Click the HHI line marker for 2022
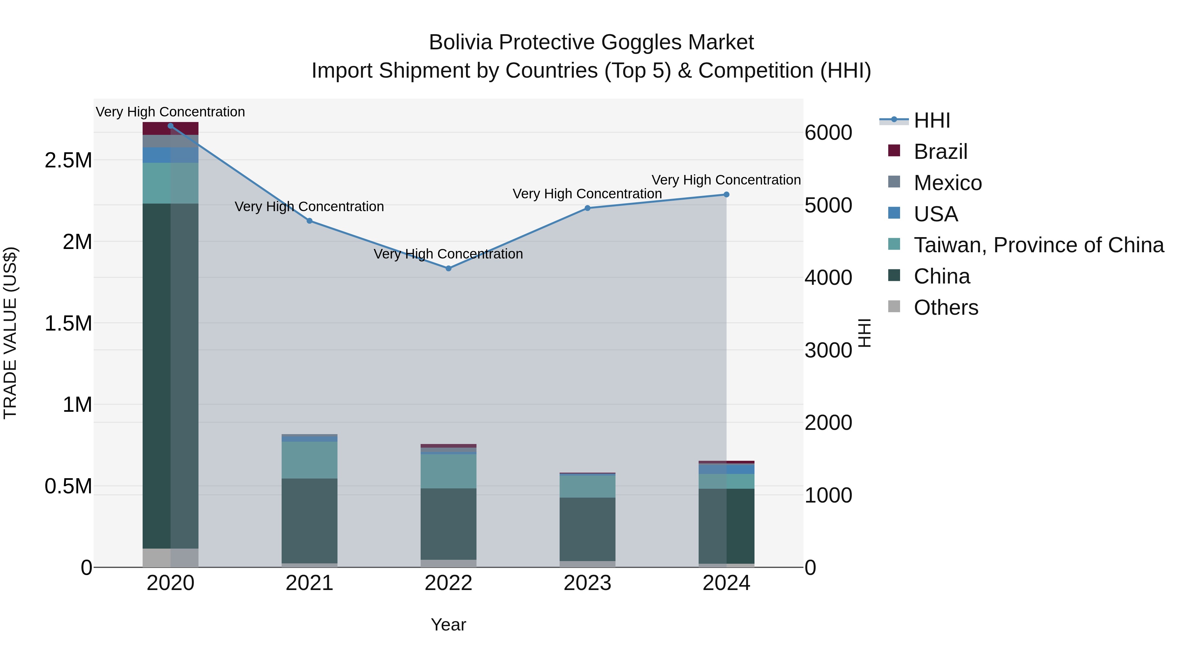point(448,268)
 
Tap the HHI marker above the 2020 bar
point(170,126)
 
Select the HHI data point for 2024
point(726,194)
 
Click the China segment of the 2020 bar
point(170,376)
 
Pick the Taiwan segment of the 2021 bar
point(309,460)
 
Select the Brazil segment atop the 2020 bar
point(170,128)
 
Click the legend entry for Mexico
point(947,183)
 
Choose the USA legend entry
point(936,214)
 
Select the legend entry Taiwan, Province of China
point(1038,245)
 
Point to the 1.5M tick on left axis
point(68,324)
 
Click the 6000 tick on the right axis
point(828,133)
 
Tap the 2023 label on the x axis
point(587,583)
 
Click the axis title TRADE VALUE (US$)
point(10,333)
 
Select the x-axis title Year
point(448,625)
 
